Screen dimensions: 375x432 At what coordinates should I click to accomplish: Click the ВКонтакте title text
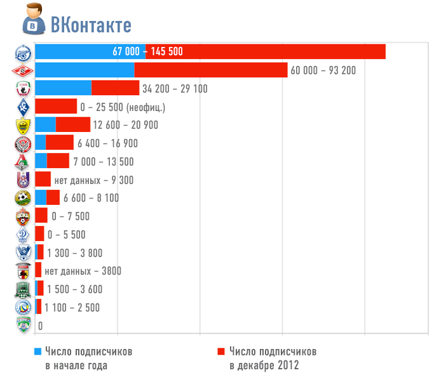91,25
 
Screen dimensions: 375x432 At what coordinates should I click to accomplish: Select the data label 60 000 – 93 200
323,70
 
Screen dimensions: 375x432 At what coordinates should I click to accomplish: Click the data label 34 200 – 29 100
175,88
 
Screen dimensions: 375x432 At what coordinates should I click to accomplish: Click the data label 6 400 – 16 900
107,143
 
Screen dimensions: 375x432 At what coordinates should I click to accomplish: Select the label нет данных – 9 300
93,180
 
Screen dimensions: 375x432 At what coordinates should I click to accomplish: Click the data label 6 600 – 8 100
91,198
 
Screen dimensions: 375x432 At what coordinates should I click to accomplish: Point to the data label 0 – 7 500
71,216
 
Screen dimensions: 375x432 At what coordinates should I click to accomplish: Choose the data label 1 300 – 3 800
74,253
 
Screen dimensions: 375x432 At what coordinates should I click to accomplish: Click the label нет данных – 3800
83,271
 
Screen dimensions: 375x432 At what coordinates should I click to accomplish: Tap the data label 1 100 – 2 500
72,308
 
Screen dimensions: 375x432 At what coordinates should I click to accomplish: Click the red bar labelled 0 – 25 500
56,107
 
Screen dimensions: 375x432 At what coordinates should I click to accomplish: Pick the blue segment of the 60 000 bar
84,70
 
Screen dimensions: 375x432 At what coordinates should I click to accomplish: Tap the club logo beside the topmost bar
22,52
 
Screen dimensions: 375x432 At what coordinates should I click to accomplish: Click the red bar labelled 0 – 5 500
39,234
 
